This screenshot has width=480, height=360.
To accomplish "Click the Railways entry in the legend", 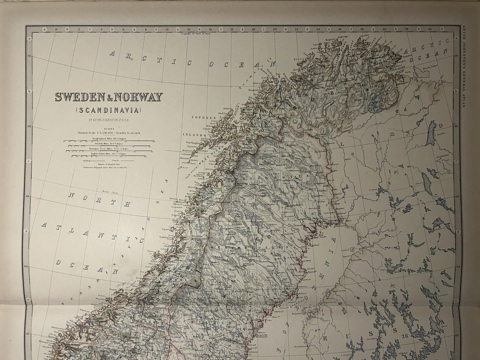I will click(90, 160).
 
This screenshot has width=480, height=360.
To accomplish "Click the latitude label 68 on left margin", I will click(29, 126).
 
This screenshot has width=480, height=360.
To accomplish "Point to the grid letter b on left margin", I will click(29, 91).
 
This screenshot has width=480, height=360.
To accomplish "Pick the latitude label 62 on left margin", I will click(29, 334).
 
